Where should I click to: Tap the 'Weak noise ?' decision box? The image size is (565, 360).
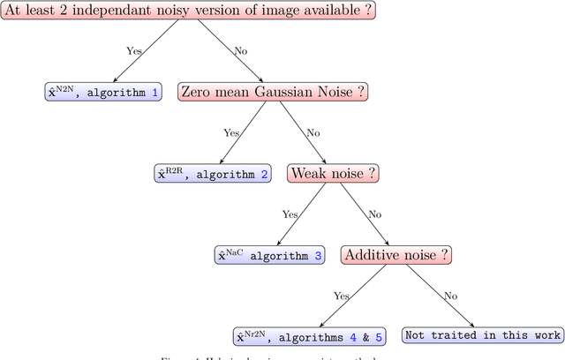click(333, 173)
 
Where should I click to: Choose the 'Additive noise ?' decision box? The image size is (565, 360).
click(396, 254)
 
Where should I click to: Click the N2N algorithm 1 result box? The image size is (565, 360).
click(103, 91)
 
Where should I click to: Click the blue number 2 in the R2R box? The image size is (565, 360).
click(264, 174)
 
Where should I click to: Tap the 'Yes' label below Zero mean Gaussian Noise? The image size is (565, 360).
click(231, 132)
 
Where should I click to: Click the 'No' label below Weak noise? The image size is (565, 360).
click(373, 214)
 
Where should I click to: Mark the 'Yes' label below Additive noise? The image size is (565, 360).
click(343, 296)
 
